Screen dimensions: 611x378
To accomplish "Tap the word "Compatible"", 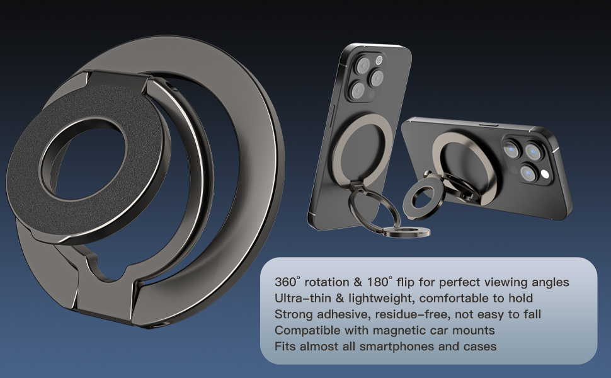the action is (302, 331).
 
